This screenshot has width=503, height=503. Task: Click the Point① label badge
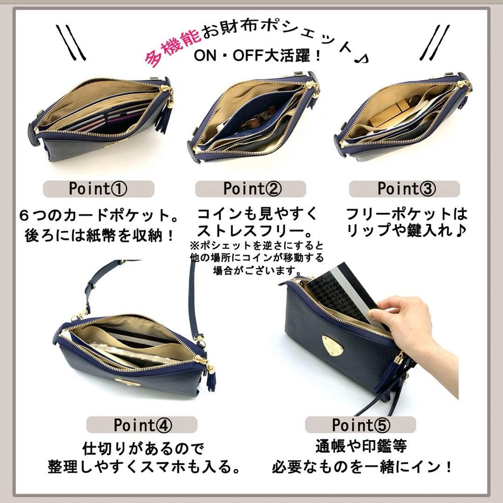(x=98, y=189)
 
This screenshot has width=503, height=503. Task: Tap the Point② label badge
(x=252, y=189)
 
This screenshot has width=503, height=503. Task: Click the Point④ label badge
(x=143, y=425)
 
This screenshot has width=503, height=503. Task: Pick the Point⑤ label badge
(x=360, y=425)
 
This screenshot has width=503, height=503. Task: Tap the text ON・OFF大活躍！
(x=257, y=56)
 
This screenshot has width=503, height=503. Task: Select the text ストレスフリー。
(x=252, y=230)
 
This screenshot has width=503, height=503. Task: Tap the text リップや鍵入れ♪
(x=406, y=230)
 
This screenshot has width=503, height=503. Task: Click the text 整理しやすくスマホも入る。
(x=144, y=466)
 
